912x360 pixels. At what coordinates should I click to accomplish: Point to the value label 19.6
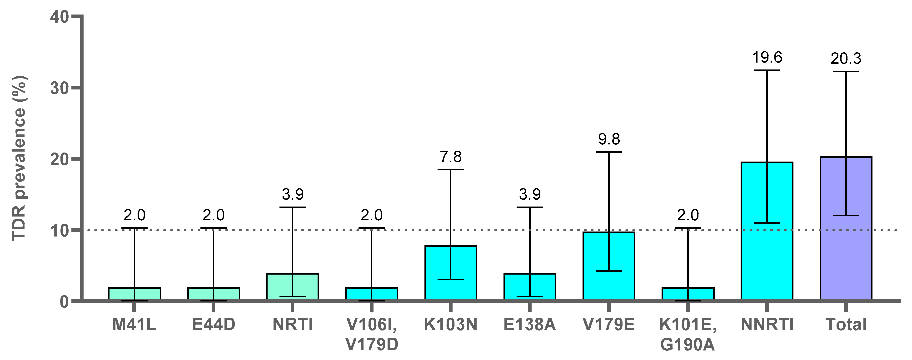[x=767, y=57]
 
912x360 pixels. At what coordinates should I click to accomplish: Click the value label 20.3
[x=846, y=58]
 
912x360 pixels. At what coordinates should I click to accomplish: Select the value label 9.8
[x=609, y=139]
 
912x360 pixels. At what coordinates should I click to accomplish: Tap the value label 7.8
[x=451, y=157]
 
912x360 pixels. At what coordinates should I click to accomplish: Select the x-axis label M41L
[x=134, y=324]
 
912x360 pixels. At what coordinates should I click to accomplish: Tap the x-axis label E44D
[x=214, y=324]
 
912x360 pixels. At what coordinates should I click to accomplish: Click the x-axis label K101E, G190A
[x=688, y=334]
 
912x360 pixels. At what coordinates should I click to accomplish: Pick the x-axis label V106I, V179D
[x=372, y=334]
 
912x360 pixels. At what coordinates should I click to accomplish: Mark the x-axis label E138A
[x=530, y=324]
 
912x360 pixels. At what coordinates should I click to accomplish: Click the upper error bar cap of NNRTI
[x=767, y=70]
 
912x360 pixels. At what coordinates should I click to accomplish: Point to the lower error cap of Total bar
[x=846, y=216]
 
